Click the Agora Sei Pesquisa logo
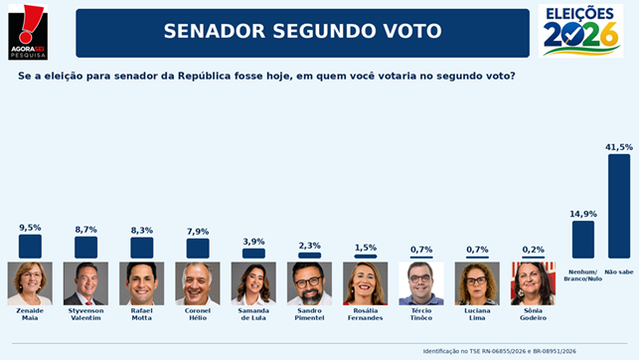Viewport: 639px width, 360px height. (28, 32)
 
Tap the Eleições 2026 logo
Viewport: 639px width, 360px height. (580, 31)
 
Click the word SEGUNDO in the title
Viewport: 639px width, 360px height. (324, 31)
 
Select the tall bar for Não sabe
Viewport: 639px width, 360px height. (619, 206)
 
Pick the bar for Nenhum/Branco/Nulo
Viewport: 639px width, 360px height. (583, 240)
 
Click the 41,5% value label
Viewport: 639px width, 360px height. (619, 147)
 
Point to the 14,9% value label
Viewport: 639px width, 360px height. (583, 214)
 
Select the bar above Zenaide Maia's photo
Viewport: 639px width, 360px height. (30, 247)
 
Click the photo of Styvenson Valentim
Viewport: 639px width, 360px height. (86, 283)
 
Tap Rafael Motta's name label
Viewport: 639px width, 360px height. (142, 314)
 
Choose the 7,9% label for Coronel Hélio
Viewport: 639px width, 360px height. (198, 232)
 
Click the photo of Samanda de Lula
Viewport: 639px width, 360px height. (253, 283)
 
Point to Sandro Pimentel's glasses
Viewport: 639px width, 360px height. (308, 281)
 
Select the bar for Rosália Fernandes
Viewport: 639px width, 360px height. (366, 257)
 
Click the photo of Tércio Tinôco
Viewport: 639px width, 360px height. (421, 283)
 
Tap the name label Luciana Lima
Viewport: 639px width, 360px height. (477, 314)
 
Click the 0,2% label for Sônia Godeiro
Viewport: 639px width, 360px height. (533, 250)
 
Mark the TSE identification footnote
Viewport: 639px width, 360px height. (500, 351)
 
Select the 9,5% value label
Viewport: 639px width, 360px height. (30, 228)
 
